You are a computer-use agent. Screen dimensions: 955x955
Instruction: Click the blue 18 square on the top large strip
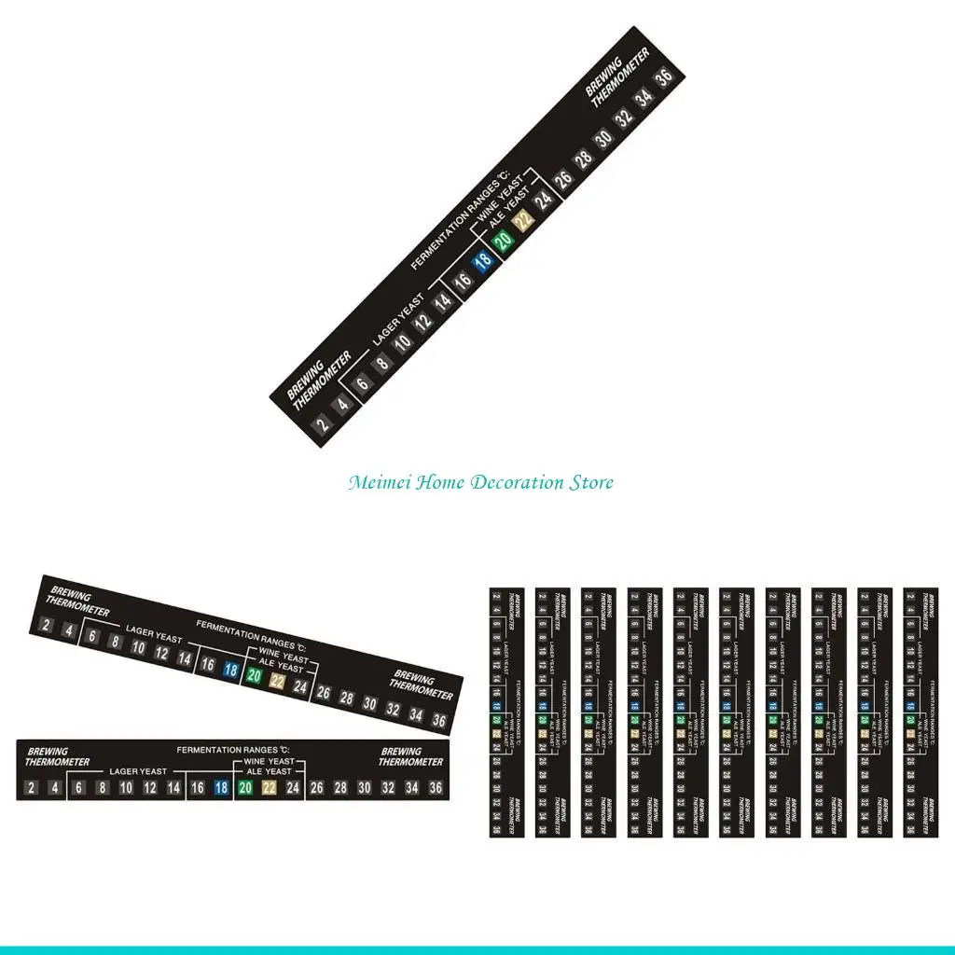(x=482, y=262)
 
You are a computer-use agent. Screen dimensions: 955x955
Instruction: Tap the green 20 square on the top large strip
(x=504, y=242)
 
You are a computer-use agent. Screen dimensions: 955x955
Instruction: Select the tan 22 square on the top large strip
(x=524, y=221)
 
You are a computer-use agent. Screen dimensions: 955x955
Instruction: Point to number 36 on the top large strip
(x=664, y=79)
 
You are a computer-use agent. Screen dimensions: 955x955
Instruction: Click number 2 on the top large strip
(x=323, y=425)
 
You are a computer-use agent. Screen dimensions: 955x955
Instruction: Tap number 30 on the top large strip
(x=604, y=139)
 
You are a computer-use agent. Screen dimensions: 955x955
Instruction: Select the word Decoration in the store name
(x=517, y=483)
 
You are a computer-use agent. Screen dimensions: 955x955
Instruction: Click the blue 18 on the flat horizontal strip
(x=221, y=788)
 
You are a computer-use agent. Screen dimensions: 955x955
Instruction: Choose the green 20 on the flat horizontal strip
(x=245, y=788)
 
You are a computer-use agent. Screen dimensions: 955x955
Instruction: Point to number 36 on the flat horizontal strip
(x=435, y=788)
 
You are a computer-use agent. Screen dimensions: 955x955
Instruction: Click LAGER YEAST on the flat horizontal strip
(x=138, y=772)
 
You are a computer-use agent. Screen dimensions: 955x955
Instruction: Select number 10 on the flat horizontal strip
(x=126, y=788)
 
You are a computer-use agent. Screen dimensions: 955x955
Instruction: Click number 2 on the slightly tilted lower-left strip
(x=46, y=625)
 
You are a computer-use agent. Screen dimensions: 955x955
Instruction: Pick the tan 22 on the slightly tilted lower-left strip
(x=276, y=682)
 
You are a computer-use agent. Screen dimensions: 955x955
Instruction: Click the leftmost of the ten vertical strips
(x=507, y=713)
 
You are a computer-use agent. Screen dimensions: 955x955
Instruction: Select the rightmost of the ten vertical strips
(x=921, y=713)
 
